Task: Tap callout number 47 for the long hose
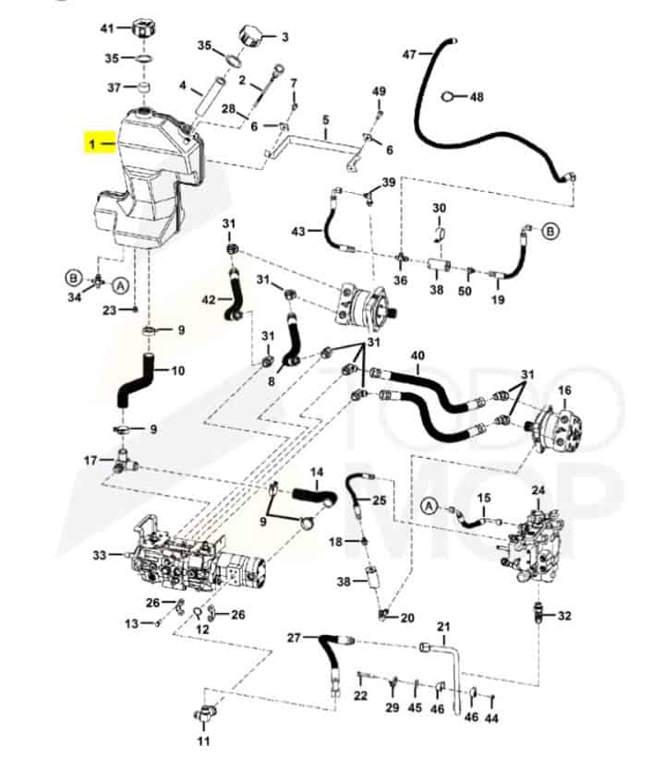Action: pyautogui.click(x=409, y=54)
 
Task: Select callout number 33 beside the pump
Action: pyautogui.click(x=100, y=555)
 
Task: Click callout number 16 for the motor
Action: pyautogui.click(x=565, y=391)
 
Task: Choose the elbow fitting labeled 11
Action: pyautogui.click(x=203, y=714)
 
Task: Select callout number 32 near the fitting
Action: pyautogui.click(x=565, y=615)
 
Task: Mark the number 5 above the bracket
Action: pyautogui.click(x=325, y=120)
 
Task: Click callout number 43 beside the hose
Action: pyautogui.click(x=297, y=230)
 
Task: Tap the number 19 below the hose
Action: pyautogui.click(x=497, y=299)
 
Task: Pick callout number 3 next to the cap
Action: pyautogui.click(x=284, y=37)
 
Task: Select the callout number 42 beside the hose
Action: pyautogui.click(x=209, y=299)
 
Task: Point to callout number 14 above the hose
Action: pyautogui.click(x=317, y=471)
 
